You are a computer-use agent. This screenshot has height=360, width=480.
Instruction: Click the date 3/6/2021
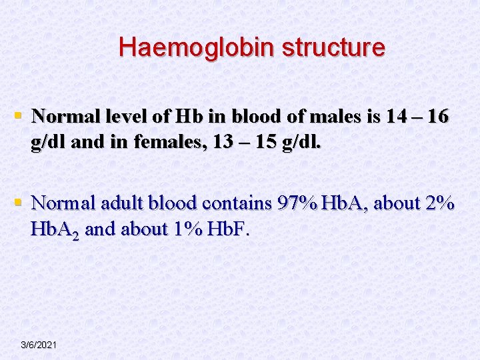(39, 345)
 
